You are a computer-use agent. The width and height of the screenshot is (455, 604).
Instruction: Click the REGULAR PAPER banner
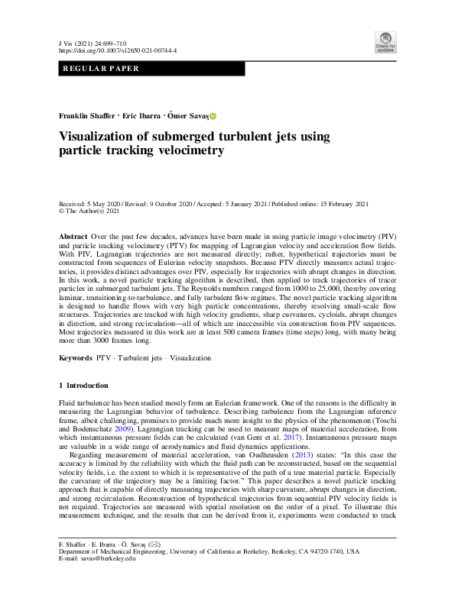[x=99, y=69]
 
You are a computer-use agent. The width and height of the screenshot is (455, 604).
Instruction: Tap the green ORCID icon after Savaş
[x=213, y=116]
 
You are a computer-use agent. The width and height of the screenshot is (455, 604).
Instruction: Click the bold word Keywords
[x=76, y=357]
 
